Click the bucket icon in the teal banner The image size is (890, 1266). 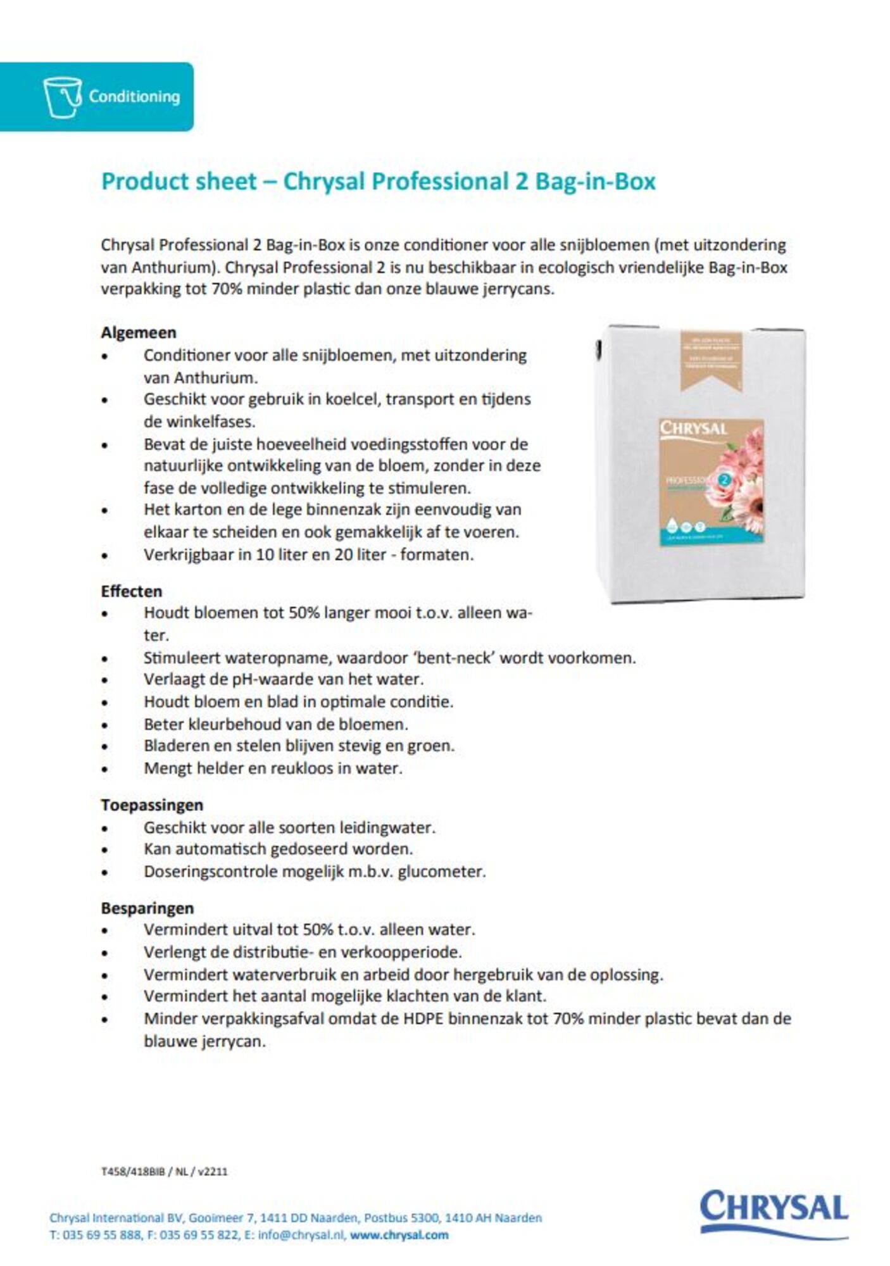coord(62,97)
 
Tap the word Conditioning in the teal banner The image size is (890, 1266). coord(134,97)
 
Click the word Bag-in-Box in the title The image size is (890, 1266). coord(595,182)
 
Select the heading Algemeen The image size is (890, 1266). coord(139,332)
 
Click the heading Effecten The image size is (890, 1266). coord(132,591)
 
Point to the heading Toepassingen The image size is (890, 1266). coord(152,805)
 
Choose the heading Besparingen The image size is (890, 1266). coord(147,908)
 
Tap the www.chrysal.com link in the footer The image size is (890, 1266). coord(399,1234)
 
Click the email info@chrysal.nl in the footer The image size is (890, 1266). coord(301,1234)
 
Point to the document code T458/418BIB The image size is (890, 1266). coord(133,1171)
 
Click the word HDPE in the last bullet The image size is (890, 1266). coord(439,1018)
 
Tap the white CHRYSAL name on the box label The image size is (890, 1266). coord(694,429)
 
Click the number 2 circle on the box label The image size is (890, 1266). coord(724,479)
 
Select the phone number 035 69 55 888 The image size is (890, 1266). coord(102,1234)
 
